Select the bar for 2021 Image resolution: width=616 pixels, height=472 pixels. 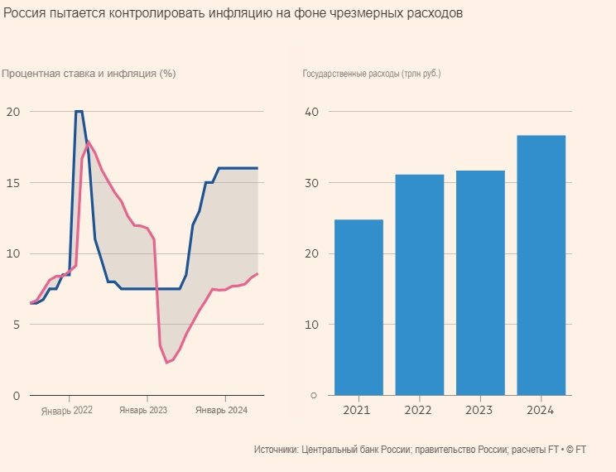pyautogui.click(x=359, y=307)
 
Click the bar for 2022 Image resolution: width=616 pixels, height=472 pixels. pyautogui.click(x=420, y=285)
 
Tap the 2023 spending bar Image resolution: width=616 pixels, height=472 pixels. pyautogui.click(x=480, y=282)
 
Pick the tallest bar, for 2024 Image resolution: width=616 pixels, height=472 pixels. pyautogui.click(x=541, y=265)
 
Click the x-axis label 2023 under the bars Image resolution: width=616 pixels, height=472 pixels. pyautogui.click(x=480, y=410)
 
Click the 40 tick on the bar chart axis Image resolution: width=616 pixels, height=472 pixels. pyautogui.click(x=312, y=111)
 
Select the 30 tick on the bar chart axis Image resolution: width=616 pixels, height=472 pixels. pyautogui.click(x=312, y=182)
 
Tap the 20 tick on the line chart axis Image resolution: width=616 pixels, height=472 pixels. pyautogui.click(x=12, y=111)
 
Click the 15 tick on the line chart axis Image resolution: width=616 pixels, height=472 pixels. pyautogui.click(x=12, y=182)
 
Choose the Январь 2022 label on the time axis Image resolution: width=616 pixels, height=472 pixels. pyautogui.click(x=67, y=410)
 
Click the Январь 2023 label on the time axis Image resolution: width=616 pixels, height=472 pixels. pyautogui.click(x=143, y=410)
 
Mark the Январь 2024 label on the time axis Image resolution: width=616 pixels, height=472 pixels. pyautogui.click(x=221, y=410)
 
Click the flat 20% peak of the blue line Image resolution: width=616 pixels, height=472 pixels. pyautogui.click(x=79, y=111)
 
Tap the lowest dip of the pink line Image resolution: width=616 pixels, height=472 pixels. pyautogui.click(x=166, y=363)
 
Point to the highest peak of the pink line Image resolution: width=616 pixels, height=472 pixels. pyautogui.click(x=89, y=142)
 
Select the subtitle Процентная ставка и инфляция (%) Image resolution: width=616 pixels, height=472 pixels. pyautogui.click(x=89, y=73)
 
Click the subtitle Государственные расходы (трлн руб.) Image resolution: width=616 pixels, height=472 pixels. pyautogui.click(x=372, y=73)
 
